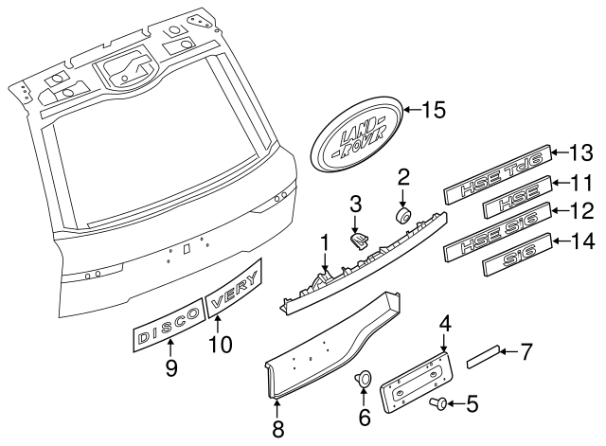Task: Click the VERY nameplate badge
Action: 234,296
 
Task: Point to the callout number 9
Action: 171,368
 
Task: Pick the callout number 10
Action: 220,345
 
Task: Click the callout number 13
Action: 579,152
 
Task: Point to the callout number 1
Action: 325,243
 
